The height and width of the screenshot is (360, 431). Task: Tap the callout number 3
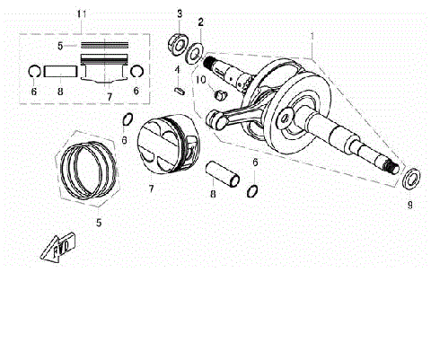pos(179,14)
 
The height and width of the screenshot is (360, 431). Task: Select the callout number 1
pos(312,39)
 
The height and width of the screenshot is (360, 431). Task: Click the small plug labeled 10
pos(218,92)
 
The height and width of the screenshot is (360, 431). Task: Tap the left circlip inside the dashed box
pos(32,71)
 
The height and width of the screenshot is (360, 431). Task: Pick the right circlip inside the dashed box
pos(137,71)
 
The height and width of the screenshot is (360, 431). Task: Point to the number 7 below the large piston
pos(151,189)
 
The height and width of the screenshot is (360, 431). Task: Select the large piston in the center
pos(169,145)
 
